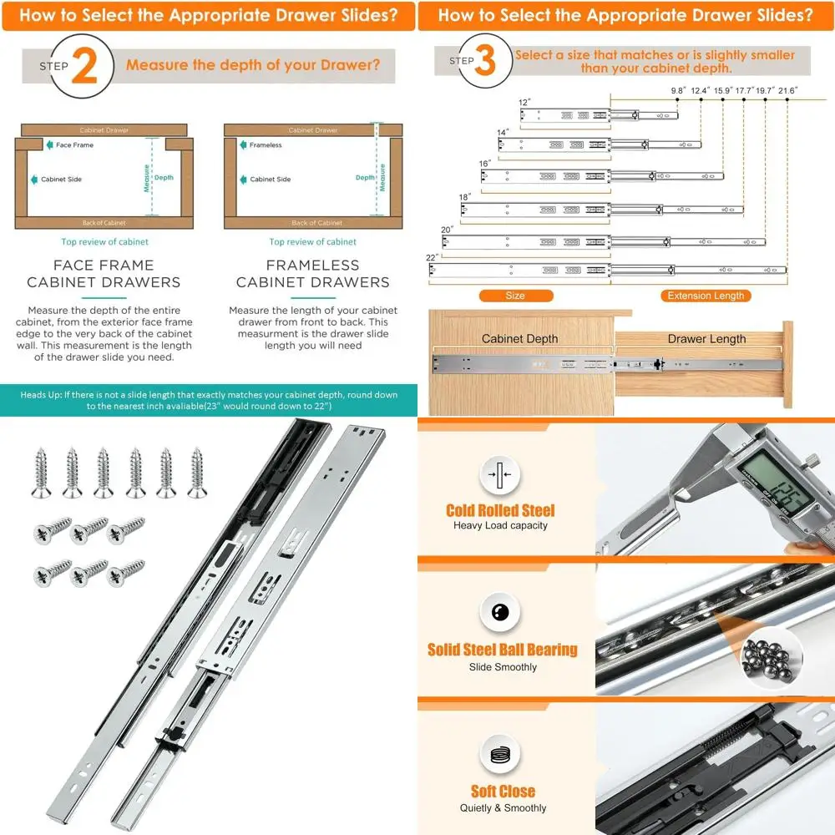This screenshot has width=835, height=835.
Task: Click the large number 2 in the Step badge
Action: pyautogui.click(x=84, y=65)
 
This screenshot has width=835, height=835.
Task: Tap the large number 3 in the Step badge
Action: pyautogui.click(x=485, y=62)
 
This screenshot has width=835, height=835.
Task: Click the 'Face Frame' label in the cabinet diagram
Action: pyautogui.click(x=74, y=145)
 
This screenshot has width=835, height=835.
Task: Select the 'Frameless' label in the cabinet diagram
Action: pyautogui.click(x=266, y=145)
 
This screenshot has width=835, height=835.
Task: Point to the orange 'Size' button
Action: pyautogui.click(x=515, y=296)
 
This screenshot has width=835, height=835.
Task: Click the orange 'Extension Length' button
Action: pyautogui.click(x=706, y=296)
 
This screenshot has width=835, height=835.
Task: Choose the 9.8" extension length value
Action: pyautogui.click(x=677, y=89)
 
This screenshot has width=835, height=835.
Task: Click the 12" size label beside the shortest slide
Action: pyautogui.click(x=524, y=103)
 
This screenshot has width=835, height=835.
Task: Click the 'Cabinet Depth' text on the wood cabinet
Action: pyautogui.click(x=519, y=339)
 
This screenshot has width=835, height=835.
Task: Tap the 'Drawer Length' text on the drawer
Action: pyautogui.click(x=706, y=339)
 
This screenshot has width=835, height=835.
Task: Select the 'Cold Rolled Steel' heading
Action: pyautogui.click(x=500, y=510)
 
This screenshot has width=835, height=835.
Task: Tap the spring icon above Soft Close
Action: pyautogui.click(x=500, y=756)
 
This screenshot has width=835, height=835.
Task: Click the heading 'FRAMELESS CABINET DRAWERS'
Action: pyautogui.click(x=313, y=274)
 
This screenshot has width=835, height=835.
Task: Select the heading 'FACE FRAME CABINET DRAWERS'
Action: pyautogui.click(x=104, y=274)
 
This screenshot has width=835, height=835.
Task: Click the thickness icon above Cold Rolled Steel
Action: pyautogui.click(x=500, y=476)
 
